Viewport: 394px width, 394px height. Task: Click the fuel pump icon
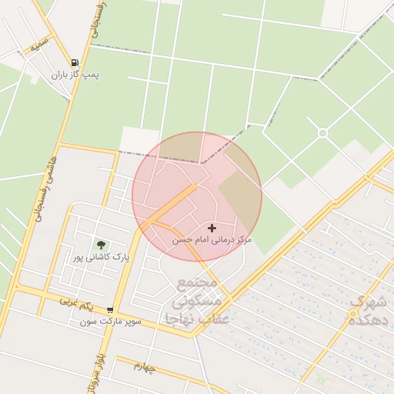point(75,63)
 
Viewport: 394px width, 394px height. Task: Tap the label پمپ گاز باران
point(76,75)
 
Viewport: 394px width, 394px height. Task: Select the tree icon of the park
point(101,245)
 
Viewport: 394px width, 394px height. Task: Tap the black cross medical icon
point(212,228)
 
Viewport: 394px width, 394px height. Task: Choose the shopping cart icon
point(110,309)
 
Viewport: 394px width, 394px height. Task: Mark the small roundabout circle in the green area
point(322,133)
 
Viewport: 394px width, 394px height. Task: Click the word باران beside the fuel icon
point(62,75)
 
